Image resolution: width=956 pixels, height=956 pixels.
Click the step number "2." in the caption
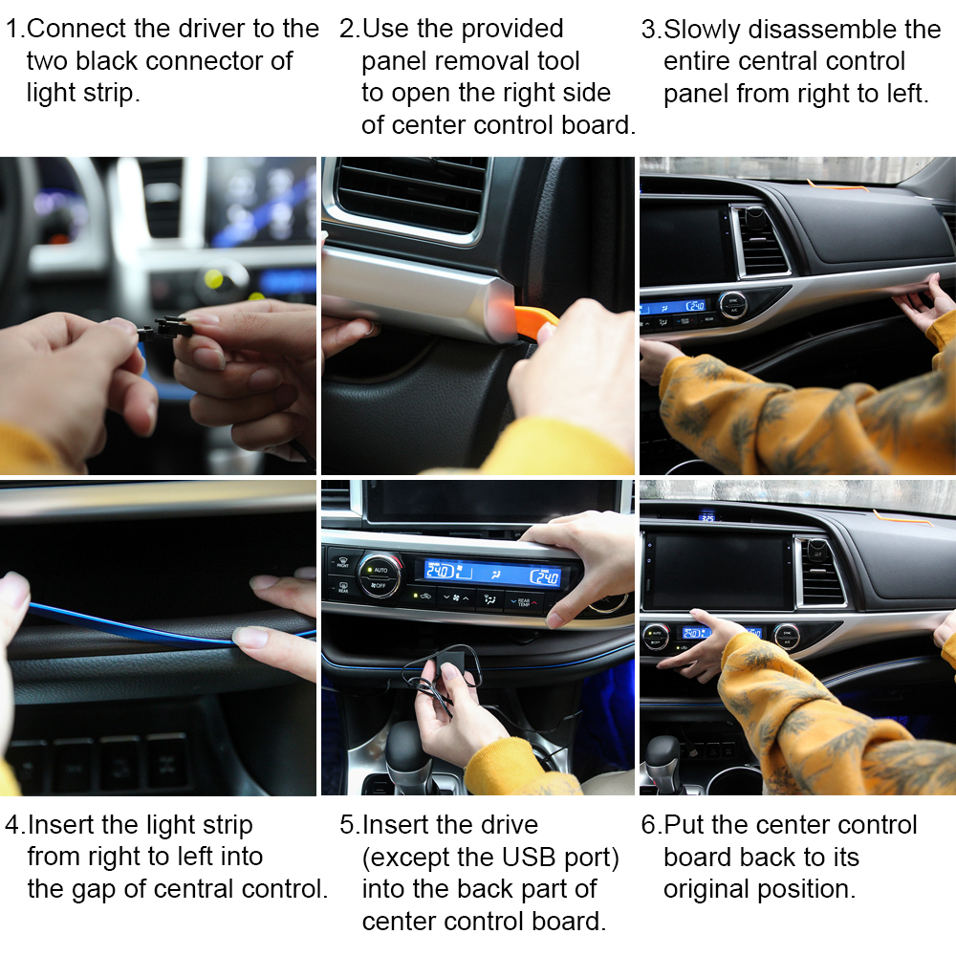point(349,29)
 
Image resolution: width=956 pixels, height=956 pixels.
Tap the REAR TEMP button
point(523,599)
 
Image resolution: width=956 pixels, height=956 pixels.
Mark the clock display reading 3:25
point(706,517)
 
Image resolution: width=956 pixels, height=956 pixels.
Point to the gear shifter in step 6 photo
point(662,755)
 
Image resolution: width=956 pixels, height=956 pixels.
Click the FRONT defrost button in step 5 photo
point(343,561)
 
